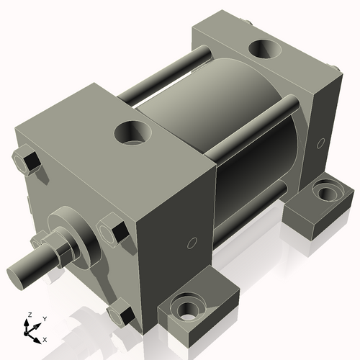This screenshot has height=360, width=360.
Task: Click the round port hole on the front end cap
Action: [133, 133]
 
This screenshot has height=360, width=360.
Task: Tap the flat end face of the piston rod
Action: [18, 273]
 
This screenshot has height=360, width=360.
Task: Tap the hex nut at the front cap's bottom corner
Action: [120, 315]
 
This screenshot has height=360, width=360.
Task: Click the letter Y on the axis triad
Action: [44, 318]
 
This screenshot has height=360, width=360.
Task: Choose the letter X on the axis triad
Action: [45, 338]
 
